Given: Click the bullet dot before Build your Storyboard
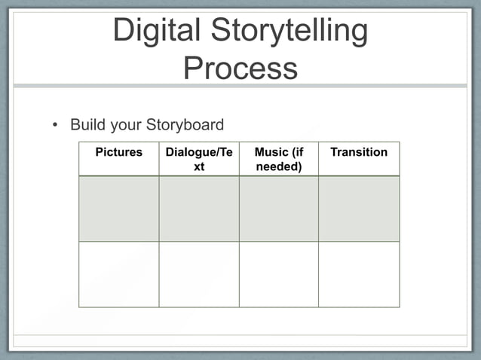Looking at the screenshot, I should [54, 125].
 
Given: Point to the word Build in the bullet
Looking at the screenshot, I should [85, 124].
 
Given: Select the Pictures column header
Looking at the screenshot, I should [118, 152].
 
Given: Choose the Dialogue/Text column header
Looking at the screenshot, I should [199, 159].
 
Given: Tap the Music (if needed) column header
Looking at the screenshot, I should [279, 159].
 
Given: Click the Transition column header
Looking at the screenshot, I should [359, 152].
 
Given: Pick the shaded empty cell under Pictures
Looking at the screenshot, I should [118, 209].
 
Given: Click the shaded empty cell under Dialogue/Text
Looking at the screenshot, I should [199, 209].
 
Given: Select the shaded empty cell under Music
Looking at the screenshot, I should [279, 209].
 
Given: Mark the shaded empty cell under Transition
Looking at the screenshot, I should [359, 209].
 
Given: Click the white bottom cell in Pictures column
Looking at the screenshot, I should [118, 274].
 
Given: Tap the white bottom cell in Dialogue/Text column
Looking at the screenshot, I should [199, 274].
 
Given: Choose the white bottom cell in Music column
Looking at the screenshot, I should [279, 274].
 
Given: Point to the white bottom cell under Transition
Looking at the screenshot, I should [359, 274].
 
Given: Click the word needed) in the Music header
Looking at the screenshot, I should [279, 166].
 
